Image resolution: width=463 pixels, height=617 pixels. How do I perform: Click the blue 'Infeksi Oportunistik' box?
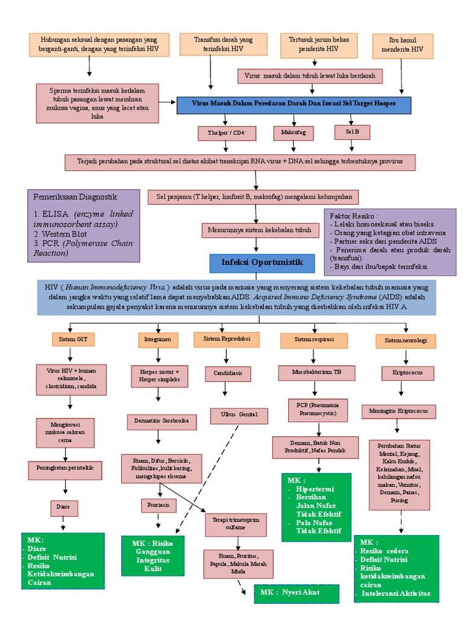262,263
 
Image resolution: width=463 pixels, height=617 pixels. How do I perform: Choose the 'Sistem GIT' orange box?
73,340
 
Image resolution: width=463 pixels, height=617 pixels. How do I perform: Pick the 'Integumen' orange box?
158,340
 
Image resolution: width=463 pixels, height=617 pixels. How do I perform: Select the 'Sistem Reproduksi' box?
226,339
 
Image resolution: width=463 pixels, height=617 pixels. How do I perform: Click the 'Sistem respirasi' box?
314,340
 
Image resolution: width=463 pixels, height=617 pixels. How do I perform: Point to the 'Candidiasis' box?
228,373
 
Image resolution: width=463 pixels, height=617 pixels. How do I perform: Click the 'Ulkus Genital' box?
238,415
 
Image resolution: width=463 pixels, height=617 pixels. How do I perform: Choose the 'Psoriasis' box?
159,504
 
